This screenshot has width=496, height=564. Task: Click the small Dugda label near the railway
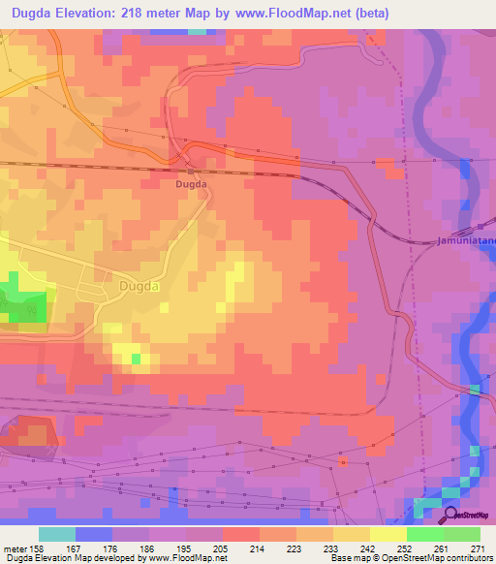[x=191, y=183]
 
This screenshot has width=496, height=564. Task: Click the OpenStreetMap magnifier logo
[x=451, y=516]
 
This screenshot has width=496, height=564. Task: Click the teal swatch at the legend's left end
[x=57, y=534]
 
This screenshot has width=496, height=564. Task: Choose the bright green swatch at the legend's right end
[x=461, y=534]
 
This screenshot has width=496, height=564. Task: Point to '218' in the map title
[x=140, y=14]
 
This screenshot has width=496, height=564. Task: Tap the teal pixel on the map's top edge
[x=198, y=31]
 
